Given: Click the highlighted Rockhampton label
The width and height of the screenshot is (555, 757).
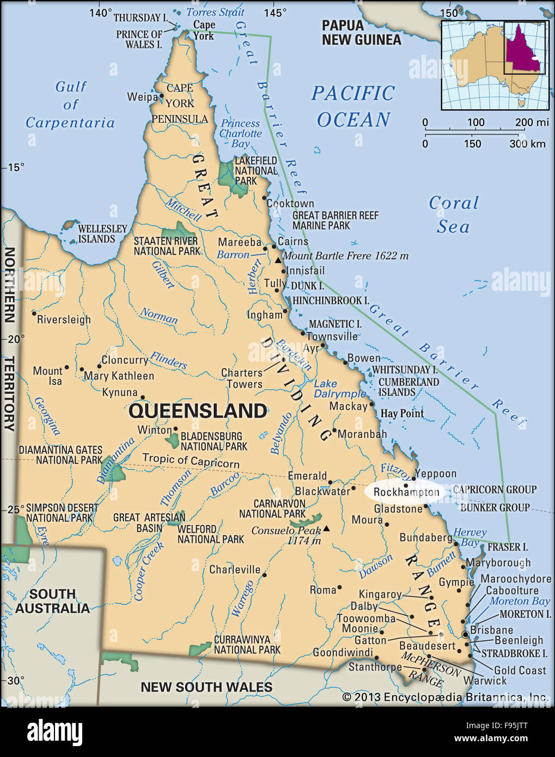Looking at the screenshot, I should click(x=406, y=492).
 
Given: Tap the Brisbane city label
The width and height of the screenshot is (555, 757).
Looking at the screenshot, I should click(x=491, y=630).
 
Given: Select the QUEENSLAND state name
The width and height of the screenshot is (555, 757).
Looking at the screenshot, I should click(x=198, y=411).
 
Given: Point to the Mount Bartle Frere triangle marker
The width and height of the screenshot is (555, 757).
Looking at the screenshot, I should click(x=278, y=261).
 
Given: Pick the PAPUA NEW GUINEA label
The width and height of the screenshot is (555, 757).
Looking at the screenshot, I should click(x=361, y=33).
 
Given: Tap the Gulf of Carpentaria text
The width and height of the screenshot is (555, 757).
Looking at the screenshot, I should click(x=70, y=105).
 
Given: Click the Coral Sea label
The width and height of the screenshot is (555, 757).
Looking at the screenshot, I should click(x=453, y=215).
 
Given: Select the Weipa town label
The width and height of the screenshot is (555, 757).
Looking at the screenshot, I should click(x=142, y=97).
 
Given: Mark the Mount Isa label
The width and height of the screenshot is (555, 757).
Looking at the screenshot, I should click(x=48, y=376).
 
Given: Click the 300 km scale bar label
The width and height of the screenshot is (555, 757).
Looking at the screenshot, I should click(x=527, y=144).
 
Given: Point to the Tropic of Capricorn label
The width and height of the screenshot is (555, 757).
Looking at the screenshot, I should click(x=191, y=460).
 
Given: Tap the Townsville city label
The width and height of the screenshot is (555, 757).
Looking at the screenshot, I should click(x=332, y=337).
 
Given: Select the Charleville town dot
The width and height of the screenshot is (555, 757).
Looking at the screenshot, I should click(x=264, y=575).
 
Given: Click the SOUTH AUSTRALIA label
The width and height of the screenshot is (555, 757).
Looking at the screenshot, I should click(x=52, y=601).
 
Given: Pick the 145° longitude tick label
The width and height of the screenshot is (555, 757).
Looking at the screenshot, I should click(x=275, y=13).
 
